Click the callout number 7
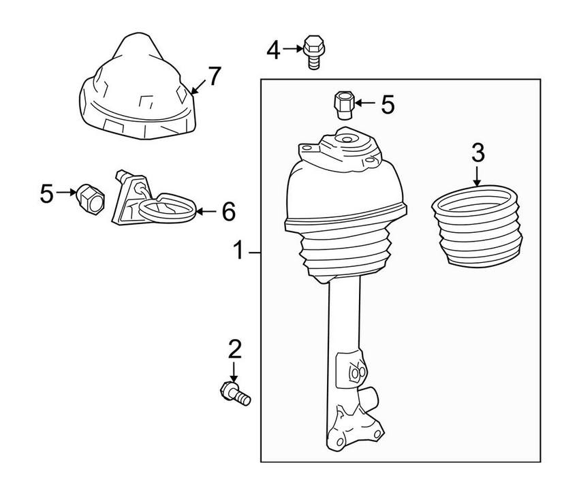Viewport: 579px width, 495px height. click(215, 77)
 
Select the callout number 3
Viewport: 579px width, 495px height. click(478, 153)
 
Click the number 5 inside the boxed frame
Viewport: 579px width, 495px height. click(387, 104)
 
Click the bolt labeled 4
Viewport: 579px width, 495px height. click(313, 52)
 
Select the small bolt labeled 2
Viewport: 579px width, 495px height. click(234, 394)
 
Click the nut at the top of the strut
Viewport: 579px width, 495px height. click(342, 106)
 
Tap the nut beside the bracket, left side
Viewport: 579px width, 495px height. click(89, 197)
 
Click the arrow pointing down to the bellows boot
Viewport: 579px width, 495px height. click(477, 176)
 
